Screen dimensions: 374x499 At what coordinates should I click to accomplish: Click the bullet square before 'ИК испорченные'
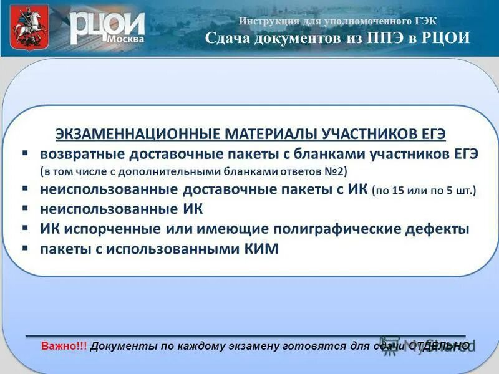[24, 228]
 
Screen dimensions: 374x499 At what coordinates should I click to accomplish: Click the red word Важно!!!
[64, 345]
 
